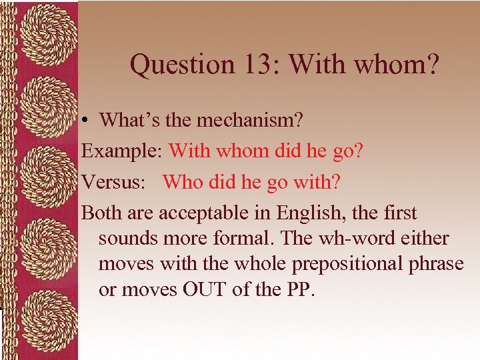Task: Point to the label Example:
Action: click(x=122, y=151)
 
